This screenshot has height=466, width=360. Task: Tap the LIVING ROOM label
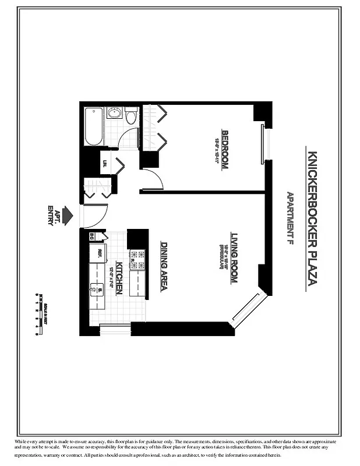[234, 258]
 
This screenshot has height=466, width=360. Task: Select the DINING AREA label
[164, 266]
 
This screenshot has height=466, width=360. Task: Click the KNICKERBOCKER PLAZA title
[312, 220]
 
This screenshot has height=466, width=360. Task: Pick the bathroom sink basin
[114, 113]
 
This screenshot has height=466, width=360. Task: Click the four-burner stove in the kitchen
[137, 260]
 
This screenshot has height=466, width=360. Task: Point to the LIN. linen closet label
[105, 164]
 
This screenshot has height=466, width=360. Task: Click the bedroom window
[263, 142]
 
